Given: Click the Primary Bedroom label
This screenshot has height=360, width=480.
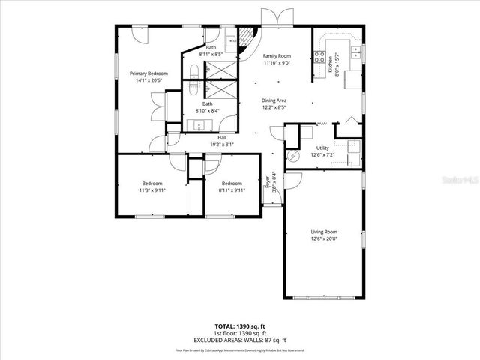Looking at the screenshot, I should pos(148,73).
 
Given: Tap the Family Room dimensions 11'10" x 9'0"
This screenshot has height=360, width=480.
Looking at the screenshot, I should pos(277,63).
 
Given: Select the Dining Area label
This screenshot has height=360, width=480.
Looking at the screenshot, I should pos(274,100).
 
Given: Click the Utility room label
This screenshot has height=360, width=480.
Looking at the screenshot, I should pos(323,148).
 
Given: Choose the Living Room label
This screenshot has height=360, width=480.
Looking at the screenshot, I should pos(324,232).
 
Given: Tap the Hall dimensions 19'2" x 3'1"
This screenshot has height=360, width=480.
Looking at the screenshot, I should pos(222,144).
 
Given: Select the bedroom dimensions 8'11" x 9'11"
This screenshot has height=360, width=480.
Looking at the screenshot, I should pos(232,190).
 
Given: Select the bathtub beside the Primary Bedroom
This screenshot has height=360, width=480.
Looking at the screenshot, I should pos(194,80).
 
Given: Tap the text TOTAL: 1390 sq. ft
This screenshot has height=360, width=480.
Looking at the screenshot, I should pos(239,327).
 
